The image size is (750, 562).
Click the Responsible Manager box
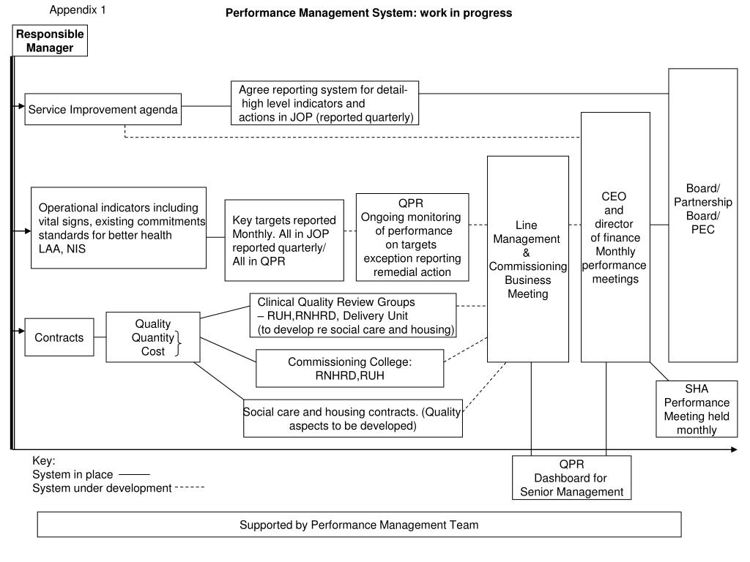click(51, 41)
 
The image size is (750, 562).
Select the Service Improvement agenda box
click(103, 110)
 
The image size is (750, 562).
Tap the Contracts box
click(59, 337)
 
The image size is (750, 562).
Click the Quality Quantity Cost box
click(153, 337)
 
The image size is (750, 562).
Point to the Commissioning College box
click(350, 368)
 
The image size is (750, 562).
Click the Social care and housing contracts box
click(353, 418)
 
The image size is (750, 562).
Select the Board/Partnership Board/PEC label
click(702, 209)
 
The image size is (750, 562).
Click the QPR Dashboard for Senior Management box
click(571, 478)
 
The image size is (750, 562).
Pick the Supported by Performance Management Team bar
click(359, 525)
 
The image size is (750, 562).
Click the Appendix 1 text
click(78, 10)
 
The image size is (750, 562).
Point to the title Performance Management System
click(368, 13)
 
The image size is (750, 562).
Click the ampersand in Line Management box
click(527, 252)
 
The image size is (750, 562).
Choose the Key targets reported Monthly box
click(284, 240)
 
